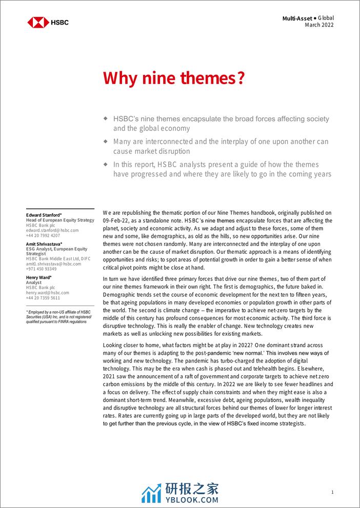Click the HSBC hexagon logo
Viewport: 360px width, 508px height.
tap(38, 22)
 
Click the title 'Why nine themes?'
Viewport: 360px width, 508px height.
tap(174, 78)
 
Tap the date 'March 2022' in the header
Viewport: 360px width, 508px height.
tap(319, 25)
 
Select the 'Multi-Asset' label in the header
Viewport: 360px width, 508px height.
tap(298, 18)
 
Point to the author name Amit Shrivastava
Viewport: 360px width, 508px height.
tap(44, 244)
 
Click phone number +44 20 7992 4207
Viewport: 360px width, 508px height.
tap(43, 236)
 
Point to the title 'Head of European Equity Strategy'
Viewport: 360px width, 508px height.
tap(59, 220)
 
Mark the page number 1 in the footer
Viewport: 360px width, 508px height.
tap(332, 492)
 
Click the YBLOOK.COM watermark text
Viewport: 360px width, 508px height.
tap(191, 499)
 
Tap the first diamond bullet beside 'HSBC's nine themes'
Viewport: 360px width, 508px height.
tap(106, 118)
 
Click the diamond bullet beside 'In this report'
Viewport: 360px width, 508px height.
tap(106, 164)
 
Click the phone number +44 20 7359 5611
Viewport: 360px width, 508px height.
tap(43, 298)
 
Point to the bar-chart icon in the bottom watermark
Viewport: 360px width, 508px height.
tap(151, 494)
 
